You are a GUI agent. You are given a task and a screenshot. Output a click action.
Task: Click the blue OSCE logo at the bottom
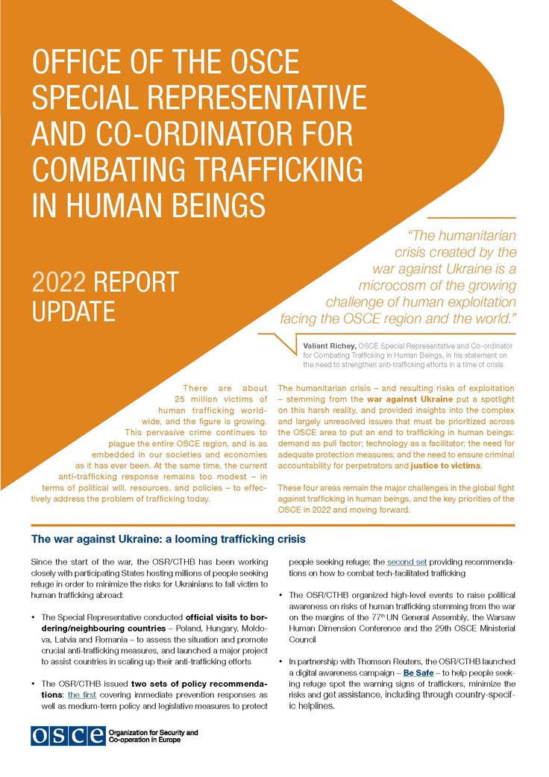(68, 735)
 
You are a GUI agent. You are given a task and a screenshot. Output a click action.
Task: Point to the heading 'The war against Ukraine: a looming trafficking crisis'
(169, 539)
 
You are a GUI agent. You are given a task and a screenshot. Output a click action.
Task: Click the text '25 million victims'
(224, 401)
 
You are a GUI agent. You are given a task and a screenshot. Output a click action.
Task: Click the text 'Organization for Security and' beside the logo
(153, 732)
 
